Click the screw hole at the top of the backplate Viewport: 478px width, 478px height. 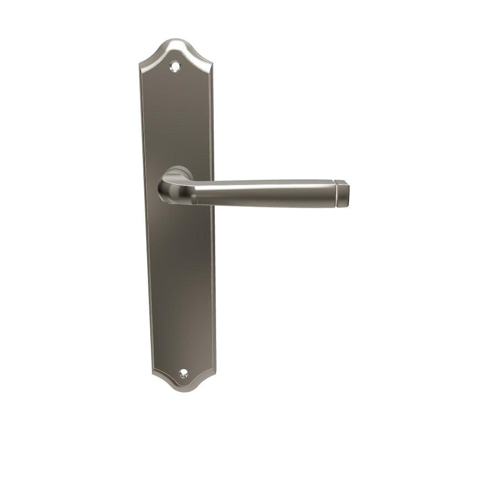[176, 66]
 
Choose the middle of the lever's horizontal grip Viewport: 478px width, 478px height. [266, 193]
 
